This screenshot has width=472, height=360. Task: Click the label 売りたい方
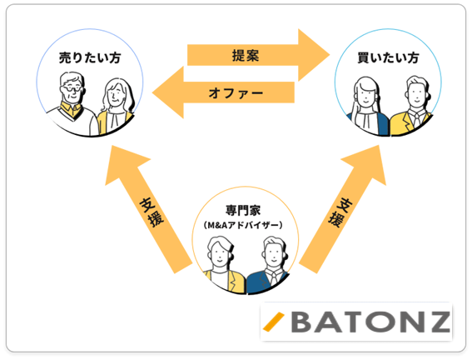click(x=90, y=57)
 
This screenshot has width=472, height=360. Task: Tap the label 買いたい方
click(x=388, y=57)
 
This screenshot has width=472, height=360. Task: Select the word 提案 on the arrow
click(x=246, y=56)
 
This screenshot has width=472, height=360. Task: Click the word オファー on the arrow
click(x=236, y=93)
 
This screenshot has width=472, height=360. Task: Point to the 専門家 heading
click(x=243, y=210)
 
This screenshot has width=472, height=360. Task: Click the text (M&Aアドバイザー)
click(x=243, y=225)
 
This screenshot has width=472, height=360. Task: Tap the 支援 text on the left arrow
click(x=152, y=212)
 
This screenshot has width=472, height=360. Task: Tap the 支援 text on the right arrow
click(x=340, y=212)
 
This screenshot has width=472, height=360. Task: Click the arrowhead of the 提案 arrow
click(x=314, y=55)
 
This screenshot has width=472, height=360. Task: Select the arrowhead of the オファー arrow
click(x=168, y=92)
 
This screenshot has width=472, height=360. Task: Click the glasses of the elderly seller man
click(x=72, y=88)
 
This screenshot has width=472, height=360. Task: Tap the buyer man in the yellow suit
click(x=412, y=107)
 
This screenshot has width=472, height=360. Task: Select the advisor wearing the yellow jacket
click(x=223, y=265)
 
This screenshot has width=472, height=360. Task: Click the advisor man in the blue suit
click(x=269, y=265)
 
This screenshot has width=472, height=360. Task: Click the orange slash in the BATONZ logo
click(x=273, y=322)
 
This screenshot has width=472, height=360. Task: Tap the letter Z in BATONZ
click(x=437, y=322)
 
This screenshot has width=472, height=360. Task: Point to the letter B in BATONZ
click(x=302, y=322)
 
